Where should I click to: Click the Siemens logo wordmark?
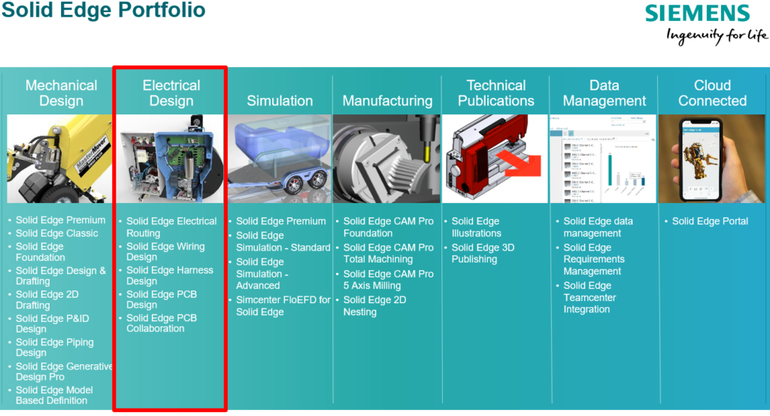(698, 14)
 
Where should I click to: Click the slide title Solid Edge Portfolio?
(103, 11)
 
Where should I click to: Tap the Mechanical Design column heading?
(61, 93)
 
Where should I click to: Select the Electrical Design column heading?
(171, 93)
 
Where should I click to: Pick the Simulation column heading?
(280, 101)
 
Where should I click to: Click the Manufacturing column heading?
(387, 101)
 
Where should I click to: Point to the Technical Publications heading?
(496, 93)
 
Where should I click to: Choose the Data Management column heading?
(604, 93)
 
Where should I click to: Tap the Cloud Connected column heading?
(712, 93)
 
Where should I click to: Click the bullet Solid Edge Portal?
(710, 221)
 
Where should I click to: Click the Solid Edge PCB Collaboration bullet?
(161, 323)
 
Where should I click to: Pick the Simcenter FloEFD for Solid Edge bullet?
(283, 305)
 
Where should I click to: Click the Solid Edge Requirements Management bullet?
(593, 259)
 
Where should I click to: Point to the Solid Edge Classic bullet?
(57, 233)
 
